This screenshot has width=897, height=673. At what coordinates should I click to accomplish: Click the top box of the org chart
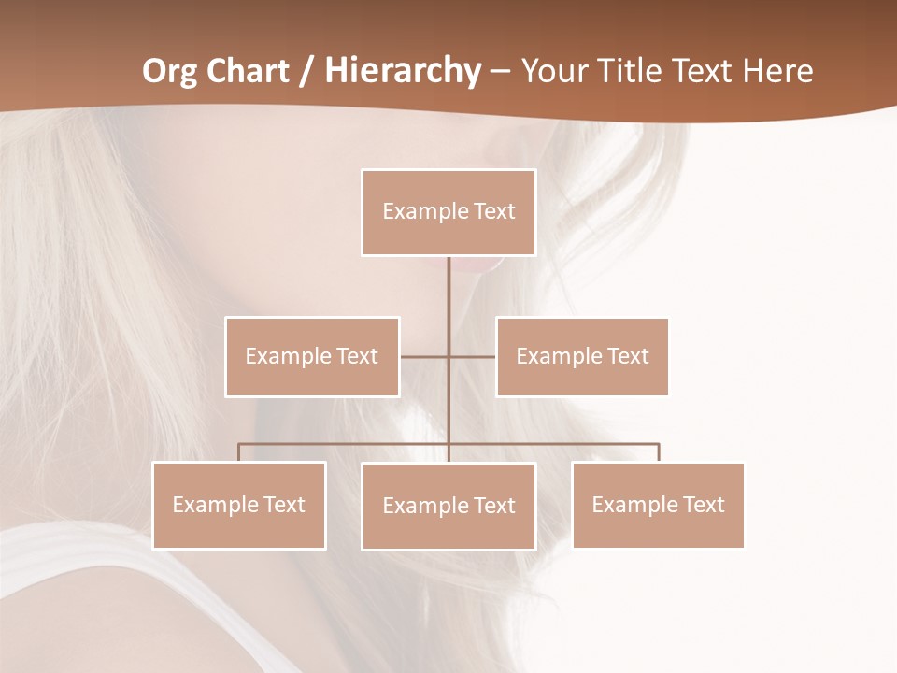448,212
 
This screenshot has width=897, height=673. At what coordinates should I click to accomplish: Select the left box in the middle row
312,356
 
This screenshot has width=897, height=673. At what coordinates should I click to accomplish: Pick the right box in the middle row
582,356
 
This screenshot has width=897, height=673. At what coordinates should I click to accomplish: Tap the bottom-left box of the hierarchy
239,505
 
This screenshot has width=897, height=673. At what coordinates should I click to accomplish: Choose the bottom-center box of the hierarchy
448,506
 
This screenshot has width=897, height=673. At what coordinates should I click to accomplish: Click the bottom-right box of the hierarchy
658,505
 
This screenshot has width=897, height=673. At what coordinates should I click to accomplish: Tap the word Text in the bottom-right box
704,505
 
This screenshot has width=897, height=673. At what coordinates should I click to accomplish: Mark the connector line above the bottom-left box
239,452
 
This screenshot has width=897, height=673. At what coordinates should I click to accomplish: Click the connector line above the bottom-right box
659,452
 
